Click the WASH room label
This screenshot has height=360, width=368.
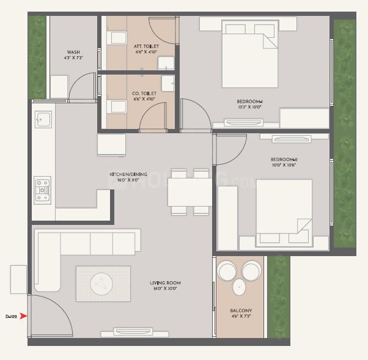click(x=73, y=52)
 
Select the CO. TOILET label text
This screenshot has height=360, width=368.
click(x=144, y=94)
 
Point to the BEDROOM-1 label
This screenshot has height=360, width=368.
click(x=249, y=101)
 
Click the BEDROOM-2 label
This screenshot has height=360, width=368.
click(x=283, y=160)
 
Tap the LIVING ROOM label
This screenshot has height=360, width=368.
click(x=165, y=283)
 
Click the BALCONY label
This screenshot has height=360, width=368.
click(x=241, y=310)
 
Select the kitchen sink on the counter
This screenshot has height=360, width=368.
click(x=42, y=118)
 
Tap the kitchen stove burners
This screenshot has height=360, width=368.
click(x=42, y=189)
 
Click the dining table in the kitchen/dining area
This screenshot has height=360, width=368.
click(x=190, y=192)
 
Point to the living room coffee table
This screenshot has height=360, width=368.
click(x=102, y=284)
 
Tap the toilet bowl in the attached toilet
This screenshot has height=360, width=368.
click(x=114, y=39)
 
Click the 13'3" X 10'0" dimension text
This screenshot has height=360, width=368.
click(x=249, y=108)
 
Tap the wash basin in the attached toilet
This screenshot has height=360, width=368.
click(x=165, y=63)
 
